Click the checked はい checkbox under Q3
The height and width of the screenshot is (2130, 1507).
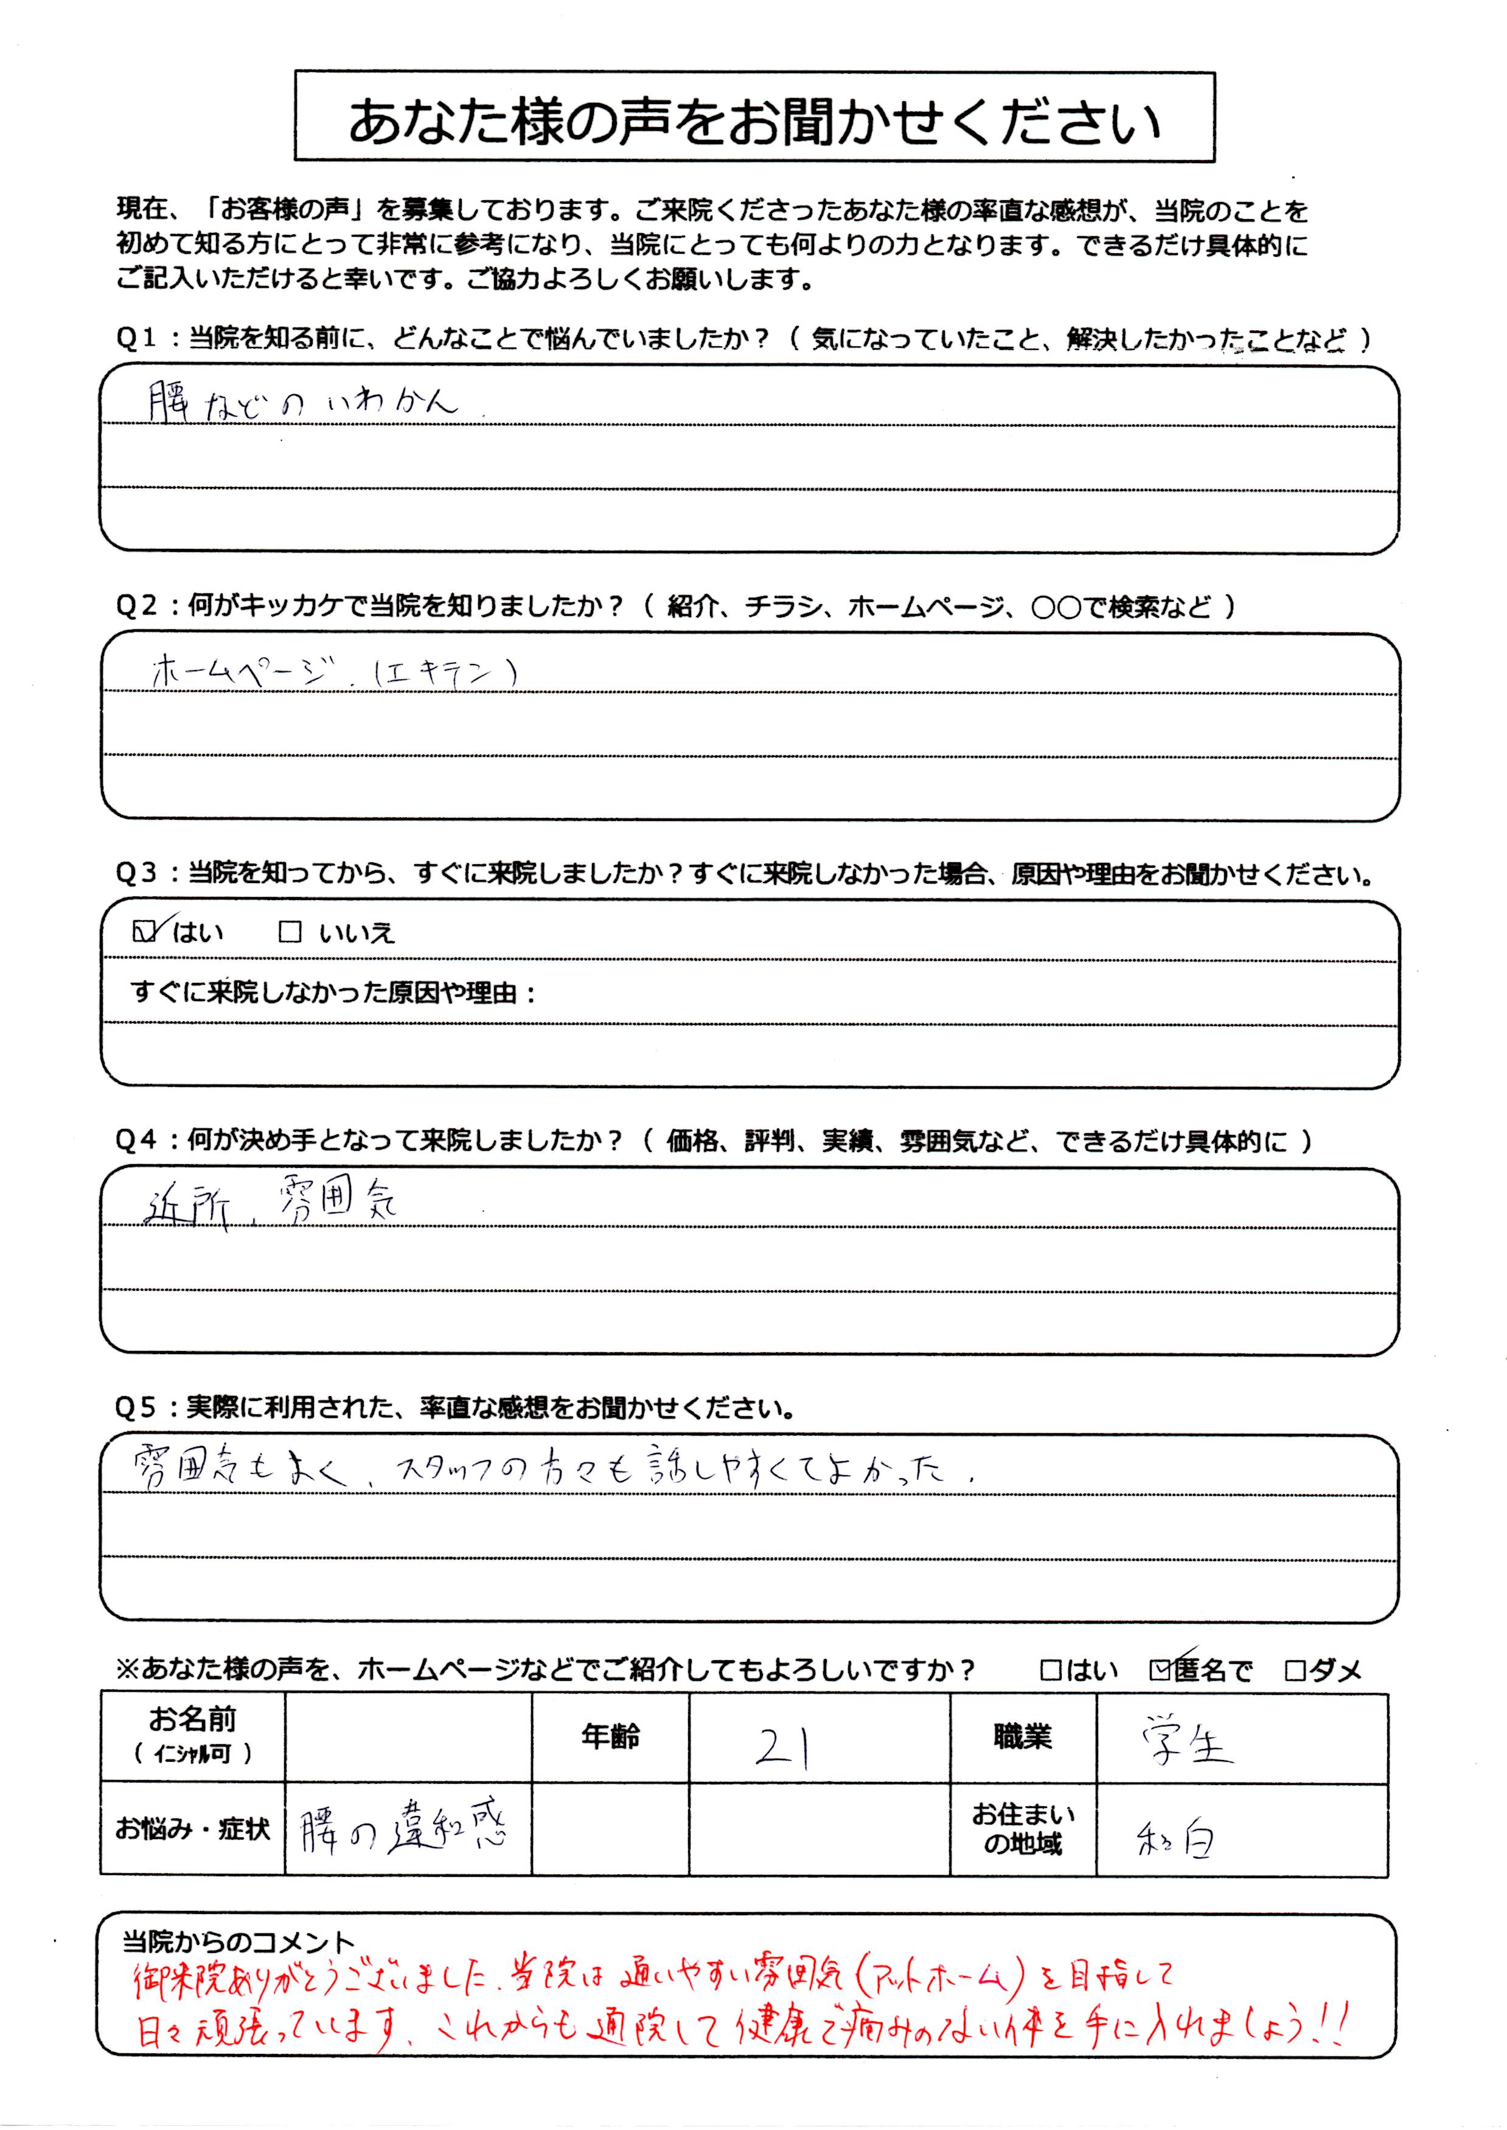point(143,931)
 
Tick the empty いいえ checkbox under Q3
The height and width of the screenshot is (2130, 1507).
point(290,932)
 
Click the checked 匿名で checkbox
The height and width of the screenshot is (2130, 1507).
point(1159,1671)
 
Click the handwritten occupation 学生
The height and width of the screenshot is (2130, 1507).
point(1187,1745)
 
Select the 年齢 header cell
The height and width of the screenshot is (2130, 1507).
point(610,1736)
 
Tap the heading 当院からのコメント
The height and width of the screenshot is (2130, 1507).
point(238,1941)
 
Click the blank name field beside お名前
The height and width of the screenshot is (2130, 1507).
point(408,1736)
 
